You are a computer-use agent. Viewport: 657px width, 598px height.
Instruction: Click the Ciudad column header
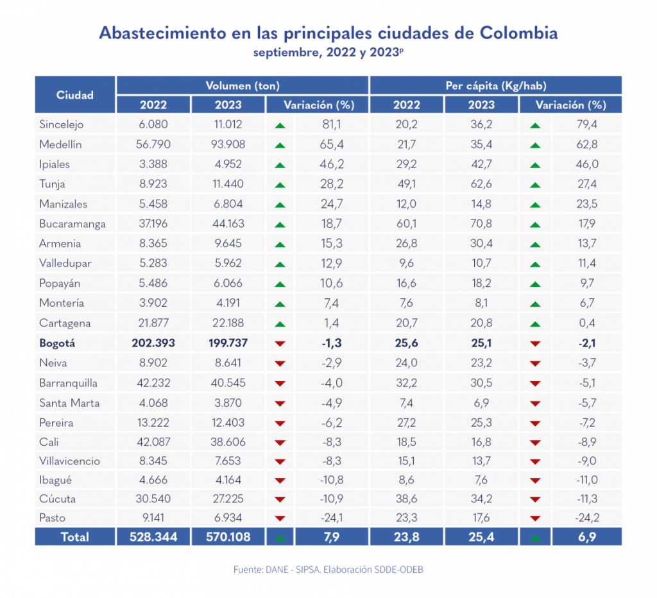click(75, 95)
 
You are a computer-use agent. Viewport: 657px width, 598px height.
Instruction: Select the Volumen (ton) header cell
click(242, 85)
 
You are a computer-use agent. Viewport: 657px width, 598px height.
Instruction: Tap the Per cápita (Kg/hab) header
click(495, 85)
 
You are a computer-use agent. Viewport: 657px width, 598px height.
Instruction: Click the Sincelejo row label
click(62, 124)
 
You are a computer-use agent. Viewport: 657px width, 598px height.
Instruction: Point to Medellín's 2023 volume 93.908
click(228, 144)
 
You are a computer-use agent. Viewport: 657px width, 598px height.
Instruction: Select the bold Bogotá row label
click(58, 343)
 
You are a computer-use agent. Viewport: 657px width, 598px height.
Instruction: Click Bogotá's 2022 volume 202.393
click(152, 343)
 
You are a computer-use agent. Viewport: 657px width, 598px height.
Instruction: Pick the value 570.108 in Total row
click(228, 537)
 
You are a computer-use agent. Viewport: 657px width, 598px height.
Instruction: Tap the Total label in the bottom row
click(75, 537)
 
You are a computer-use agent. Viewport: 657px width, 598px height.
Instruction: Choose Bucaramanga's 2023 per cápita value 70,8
click(481, 224)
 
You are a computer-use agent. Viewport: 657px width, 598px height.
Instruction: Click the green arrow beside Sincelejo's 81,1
click(279, 125)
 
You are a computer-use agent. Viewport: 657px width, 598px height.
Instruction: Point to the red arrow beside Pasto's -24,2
click(535, 518)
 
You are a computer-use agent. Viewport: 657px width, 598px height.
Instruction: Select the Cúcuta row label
click(58, 499)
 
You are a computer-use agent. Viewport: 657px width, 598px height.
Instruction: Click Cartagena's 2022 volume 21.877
click(152, 323)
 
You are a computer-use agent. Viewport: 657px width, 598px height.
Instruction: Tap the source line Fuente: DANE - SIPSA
click(328, 570)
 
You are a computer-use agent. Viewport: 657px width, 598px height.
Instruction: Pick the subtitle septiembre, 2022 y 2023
click(328, 53)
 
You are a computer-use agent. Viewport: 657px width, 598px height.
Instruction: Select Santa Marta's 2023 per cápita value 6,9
click(481, 403)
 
